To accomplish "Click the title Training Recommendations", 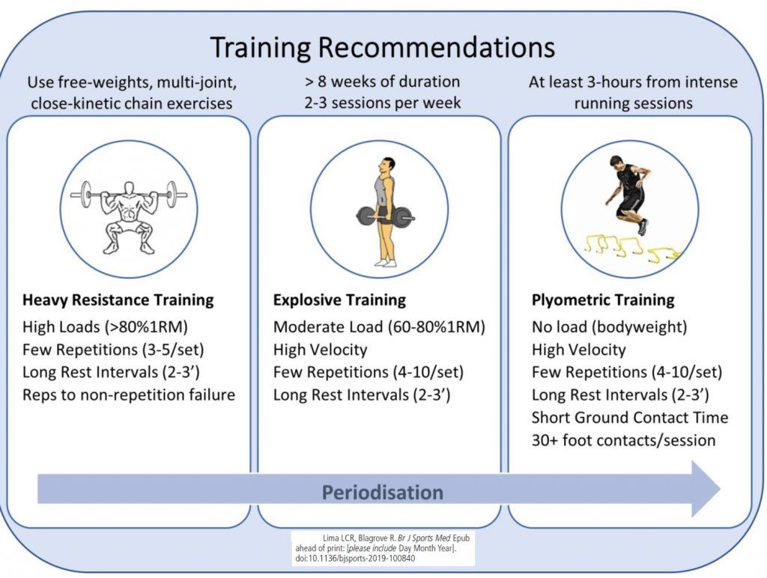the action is click(x=383, y=48).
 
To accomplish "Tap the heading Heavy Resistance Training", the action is click(x=118, y=299).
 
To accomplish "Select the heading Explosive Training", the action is click(x=339, y=299).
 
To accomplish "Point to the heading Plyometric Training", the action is click(x=603, y=299).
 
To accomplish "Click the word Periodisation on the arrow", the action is click(x=383, y=492).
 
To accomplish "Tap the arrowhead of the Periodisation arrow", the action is click(x=704, y=488).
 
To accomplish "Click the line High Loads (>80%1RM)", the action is click(x=105, y=326).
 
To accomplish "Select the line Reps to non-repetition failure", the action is click(x=129, y=395).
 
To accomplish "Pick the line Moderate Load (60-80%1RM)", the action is click(x=379, y=326).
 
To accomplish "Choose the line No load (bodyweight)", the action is click(x=610, y=326).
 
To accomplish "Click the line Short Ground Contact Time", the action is click(x=630, y=417).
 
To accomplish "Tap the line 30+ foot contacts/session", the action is click(x=624, y=440).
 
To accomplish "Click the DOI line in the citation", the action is click(x=355, y=559).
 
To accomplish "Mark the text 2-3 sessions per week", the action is click(x=383, y=103).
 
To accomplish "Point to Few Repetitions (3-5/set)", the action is click(x=113, y=350).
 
